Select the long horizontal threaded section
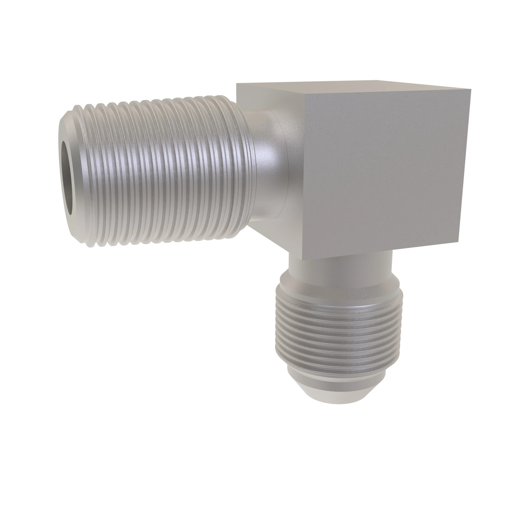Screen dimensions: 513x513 (x=159, y=170)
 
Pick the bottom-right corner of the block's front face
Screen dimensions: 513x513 (x=459, y=242)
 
